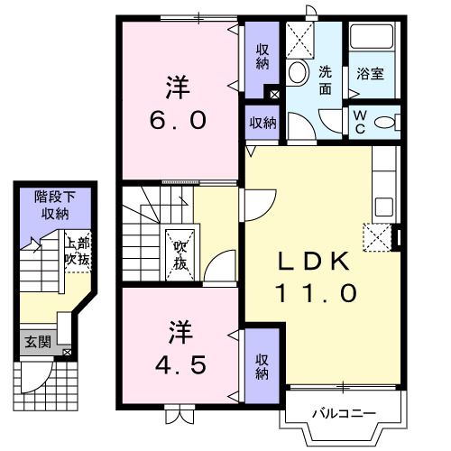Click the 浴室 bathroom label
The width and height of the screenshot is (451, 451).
(x=370, y=73)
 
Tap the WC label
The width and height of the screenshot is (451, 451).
(x=360, y=122)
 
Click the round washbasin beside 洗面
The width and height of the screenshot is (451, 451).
(x=299, y=72)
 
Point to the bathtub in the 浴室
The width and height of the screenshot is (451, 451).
(x=372, y=37)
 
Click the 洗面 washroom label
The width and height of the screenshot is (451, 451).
(x=325, y=80)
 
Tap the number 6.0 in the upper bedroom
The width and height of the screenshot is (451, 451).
(x=179, y=120)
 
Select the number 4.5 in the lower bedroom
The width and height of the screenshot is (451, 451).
(x=180, y=364)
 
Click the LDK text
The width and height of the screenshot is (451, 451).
(x=314, y=262)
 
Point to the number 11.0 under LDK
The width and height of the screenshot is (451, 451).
(x=316, y=293)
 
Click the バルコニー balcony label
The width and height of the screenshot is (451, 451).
(x=344, y=414)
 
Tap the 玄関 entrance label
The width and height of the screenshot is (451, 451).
(x=38, y=342)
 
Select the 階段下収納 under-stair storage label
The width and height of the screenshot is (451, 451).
(x=55, y=206)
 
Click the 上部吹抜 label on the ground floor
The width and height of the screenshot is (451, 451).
(x=78, y=252)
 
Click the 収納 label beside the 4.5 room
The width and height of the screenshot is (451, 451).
(x=262, y=366)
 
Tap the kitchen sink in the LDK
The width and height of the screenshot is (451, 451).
(x=384, y=207)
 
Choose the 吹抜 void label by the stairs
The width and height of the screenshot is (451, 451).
(x=180, y=255)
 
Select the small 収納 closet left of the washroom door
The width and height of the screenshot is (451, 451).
(x=262, y=123)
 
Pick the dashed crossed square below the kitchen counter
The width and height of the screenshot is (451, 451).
(x=377, y=237)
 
